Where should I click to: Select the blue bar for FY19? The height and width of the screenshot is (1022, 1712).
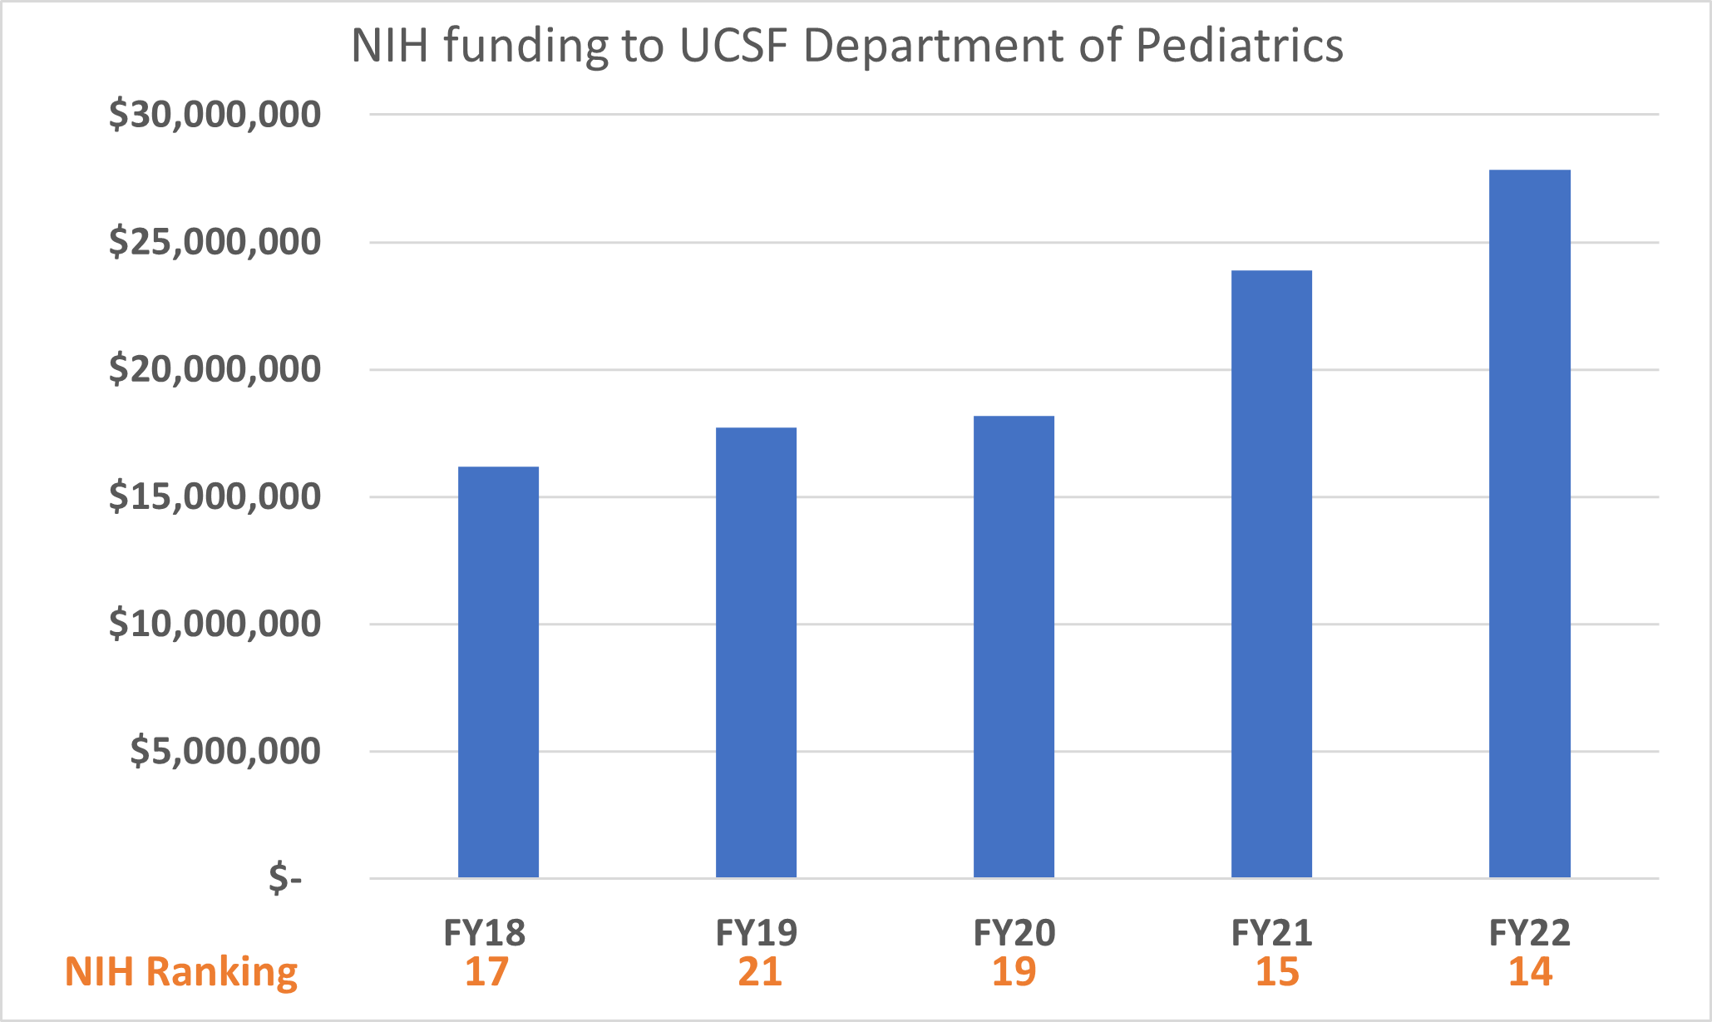pyautogui.click(x=756, y=653)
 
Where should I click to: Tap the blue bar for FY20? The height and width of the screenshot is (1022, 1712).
pyautogui.click(x=1014, y=647)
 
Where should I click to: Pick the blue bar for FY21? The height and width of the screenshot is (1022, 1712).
pyautogui.click(x=1271, y=574)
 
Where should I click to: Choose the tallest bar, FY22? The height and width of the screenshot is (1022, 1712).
pyautogui.click(x=1529, y=524)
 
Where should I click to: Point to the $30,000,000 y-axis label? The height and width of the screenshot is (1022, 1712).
pyautogui.click(x=215, y=115)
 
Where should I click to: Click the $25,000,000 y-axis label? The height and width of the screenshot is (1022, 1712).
pyautogui.click(x=215, y=242)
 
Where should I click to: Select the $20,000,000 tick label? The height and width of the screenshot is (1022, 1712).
pyautogui.click(x=215, y=369)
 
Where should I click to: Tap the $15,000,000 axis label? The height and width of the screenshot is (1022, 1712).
pyautogui.click(x=215, y=496)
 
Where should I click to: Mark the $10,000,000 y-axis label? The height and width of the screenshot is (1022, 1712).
pyautogui.click(x=215, y=624)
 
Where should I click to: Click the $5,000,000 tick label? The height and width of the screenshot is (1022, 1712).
pyautogui.click(x=224, y=751)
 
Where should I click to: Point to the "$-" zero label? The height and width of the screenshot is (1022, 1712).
pyautogui.click(x=285, y=878)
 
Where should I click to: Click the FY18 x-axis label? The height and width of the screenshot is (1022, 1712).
pyautogui.click(x=485, y=933)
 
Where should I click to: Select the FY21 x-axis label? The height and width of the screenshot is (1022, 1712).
pyautogui.click(x=1271, y=933)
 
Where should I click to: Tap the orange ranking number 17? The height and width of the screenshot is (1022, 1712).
pyautogui.click(x=486, y=972)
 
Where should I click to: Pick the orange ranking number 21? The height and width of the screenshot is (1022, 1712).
pyautogui.click(x=760, y=972)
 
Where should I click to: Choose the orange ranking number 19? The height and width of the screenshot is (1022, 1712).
pyautogui.click(x=1014, y=972)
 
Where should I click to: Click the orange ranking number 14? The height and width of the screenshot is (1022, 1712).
pyautogui.click(x=1531, y=972)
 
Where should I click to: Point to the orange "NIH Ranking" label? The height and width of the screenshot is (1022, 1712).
pyautogui.click(x=181, y=972)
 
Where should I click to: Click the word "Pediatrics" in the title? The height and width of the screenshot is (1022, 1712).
pyautogui.click(x=1239, y=46)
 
